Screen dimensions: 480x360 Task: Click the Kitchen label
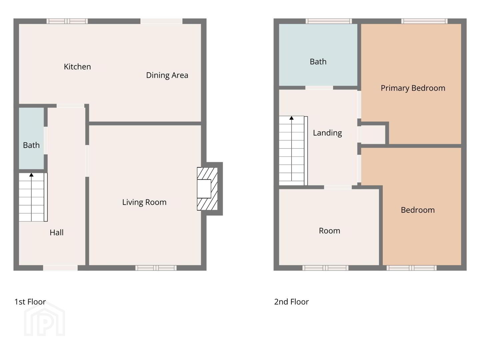pos(77,67)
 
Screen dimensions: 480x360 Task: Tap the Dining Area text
pos(167,75)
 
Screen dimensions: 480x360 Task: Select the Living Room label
pos(144,202)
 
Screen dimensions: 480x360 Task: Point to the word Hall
pos(56,232)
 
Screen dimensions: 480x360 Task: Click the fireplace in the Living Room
pos(207,189)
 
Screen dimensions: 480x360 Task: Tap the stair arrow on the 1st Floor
pos(31,197)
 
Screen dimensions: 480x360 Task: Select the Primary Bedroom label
pos(413,88)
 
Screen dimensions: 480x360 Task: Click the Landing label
pos(327,133)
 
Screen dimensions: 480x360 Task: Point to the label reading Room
pos(329,231)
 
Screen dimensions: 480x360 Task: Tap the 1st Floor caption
pos(30,302)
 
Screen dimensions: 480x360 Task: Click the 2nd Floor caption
pos(291,302)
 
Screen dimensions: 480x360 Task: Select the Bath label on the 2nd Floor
pos(318,62)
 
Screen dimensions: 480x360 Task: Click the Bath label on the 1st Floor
pos(31,145)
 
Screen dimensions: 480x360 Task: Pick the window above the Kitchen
pos(67,21)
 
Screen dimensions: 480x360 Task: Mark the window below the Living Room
pos(156,268)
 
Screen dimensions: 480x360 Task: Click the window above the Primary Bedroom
pos(424,21)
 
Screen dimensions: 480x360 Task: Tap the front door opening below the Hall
pos(60,268)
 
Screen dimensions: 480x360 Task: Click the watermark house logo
pos(44,319)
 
